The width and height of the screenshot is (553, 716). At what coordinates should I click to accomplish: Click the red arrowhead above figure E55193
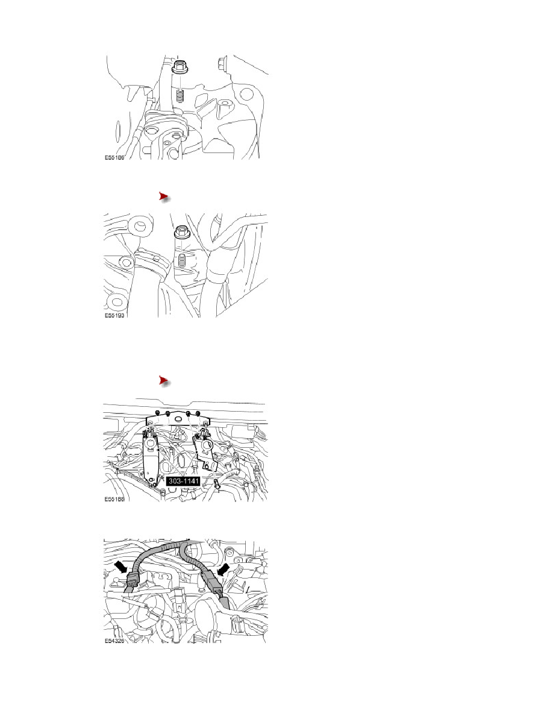[x=162, y=196]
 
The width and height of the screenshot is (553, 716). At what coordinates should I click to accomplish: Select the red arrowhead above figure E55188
[x=162, y=380]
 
